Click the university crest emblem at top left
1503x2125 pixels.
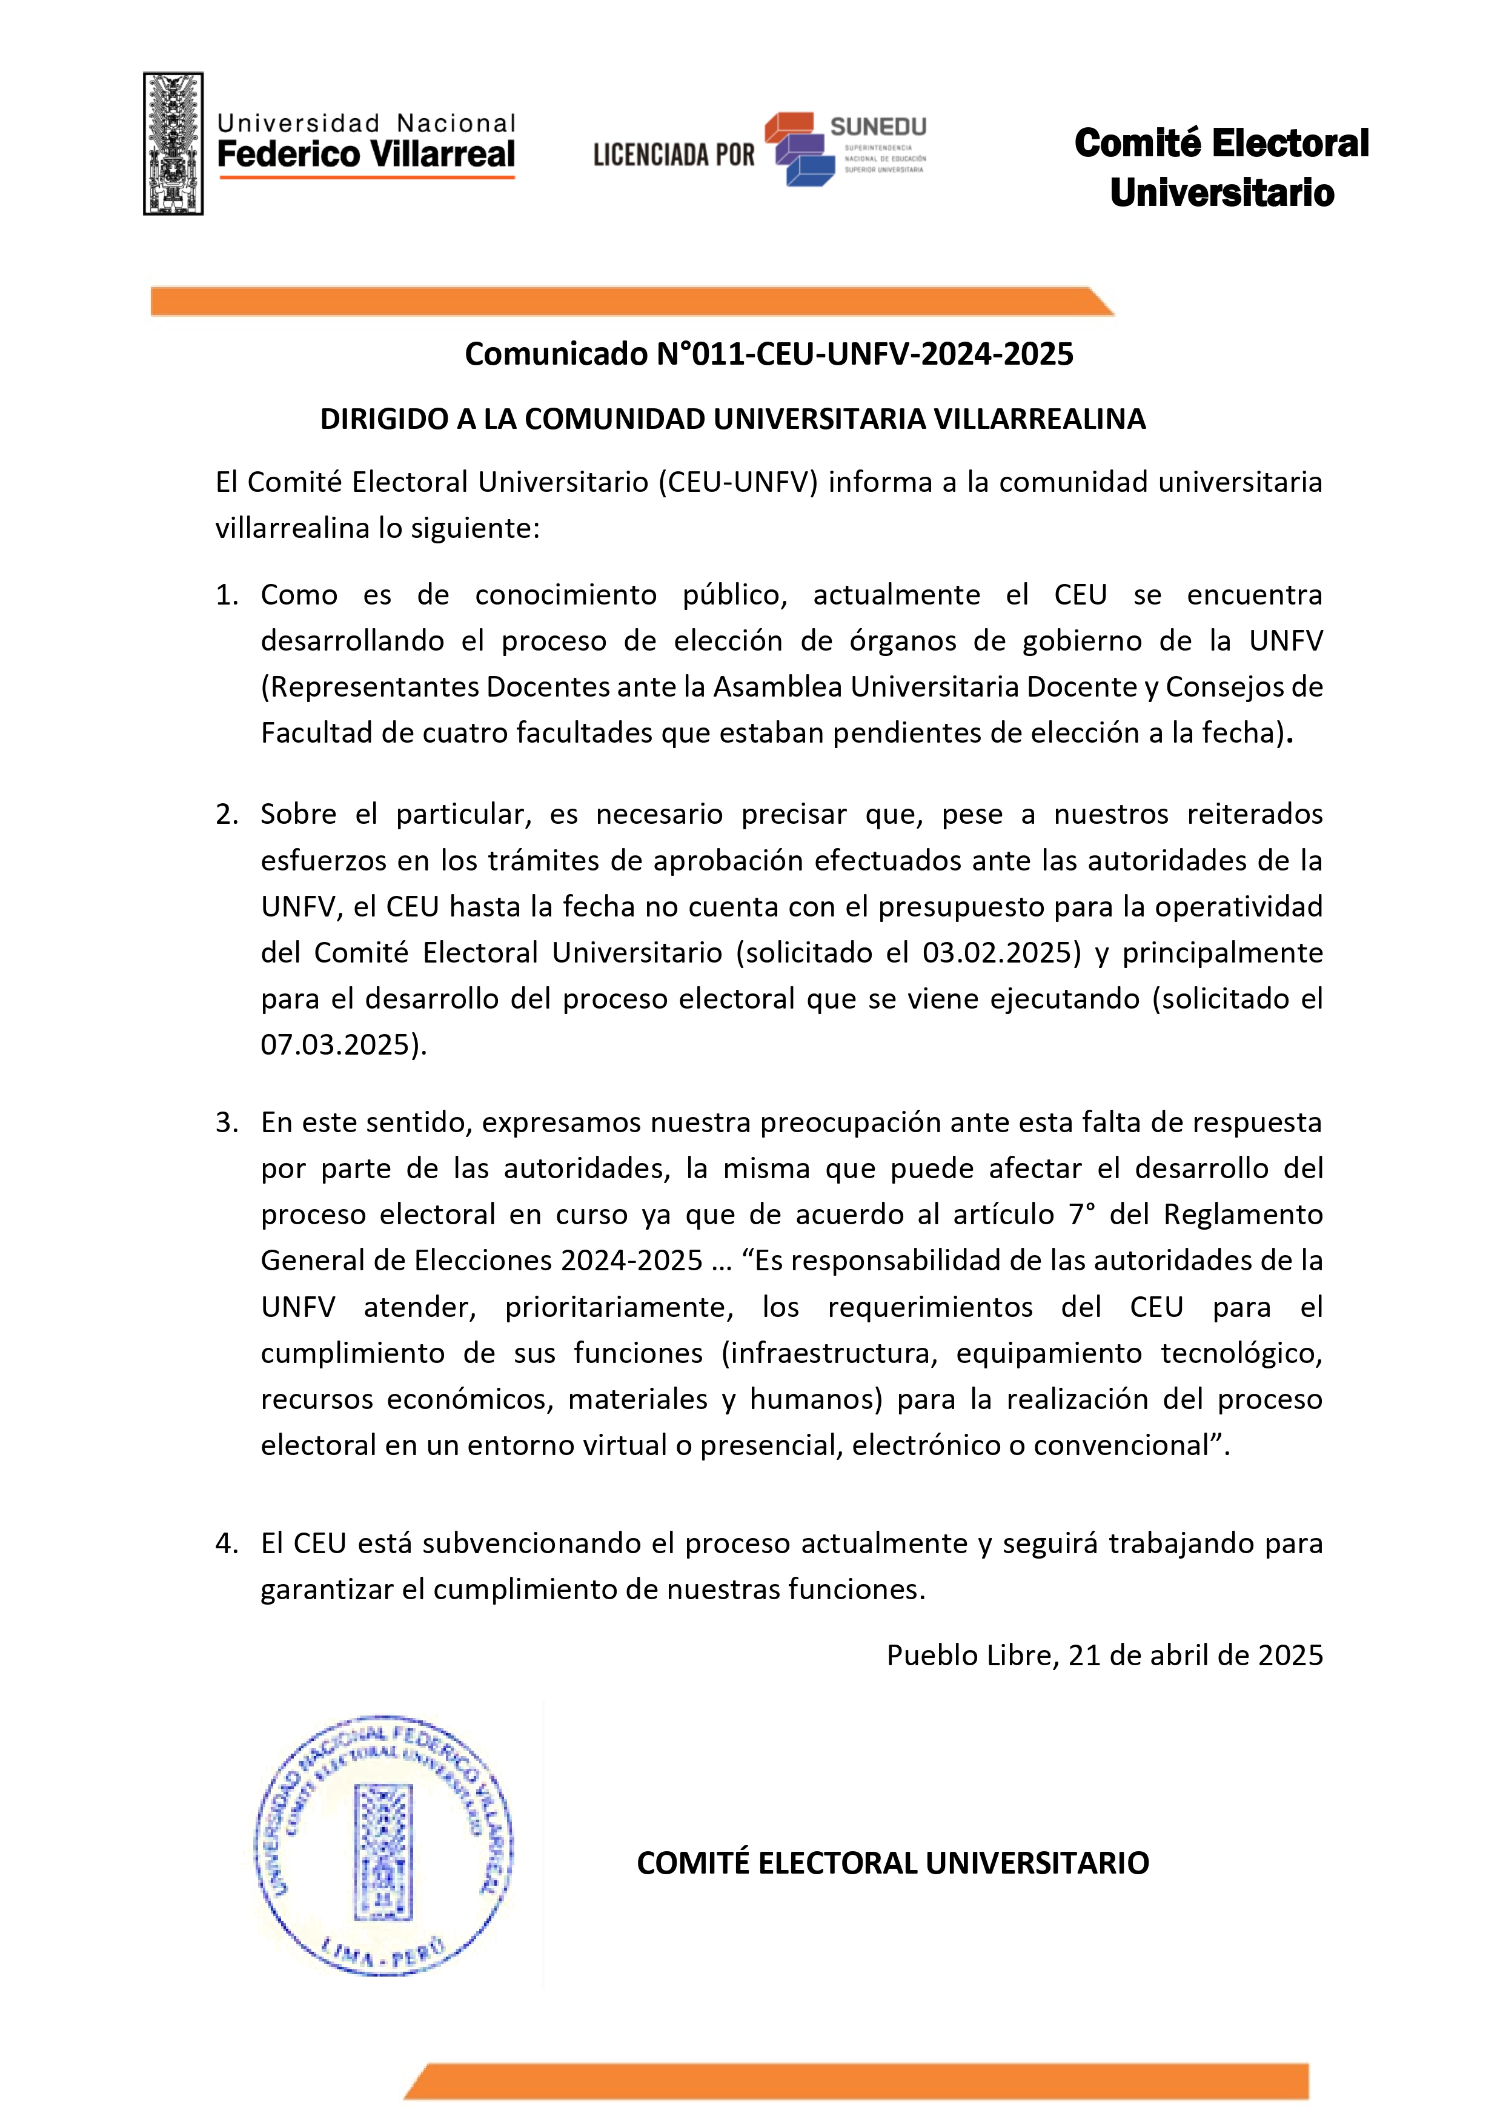173,144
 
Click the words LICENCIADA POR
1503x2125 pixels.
674,154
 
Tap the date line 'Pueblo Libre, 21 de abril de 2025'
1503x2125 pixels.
1104,1655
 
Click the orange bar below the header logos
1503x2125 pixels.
629,302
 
